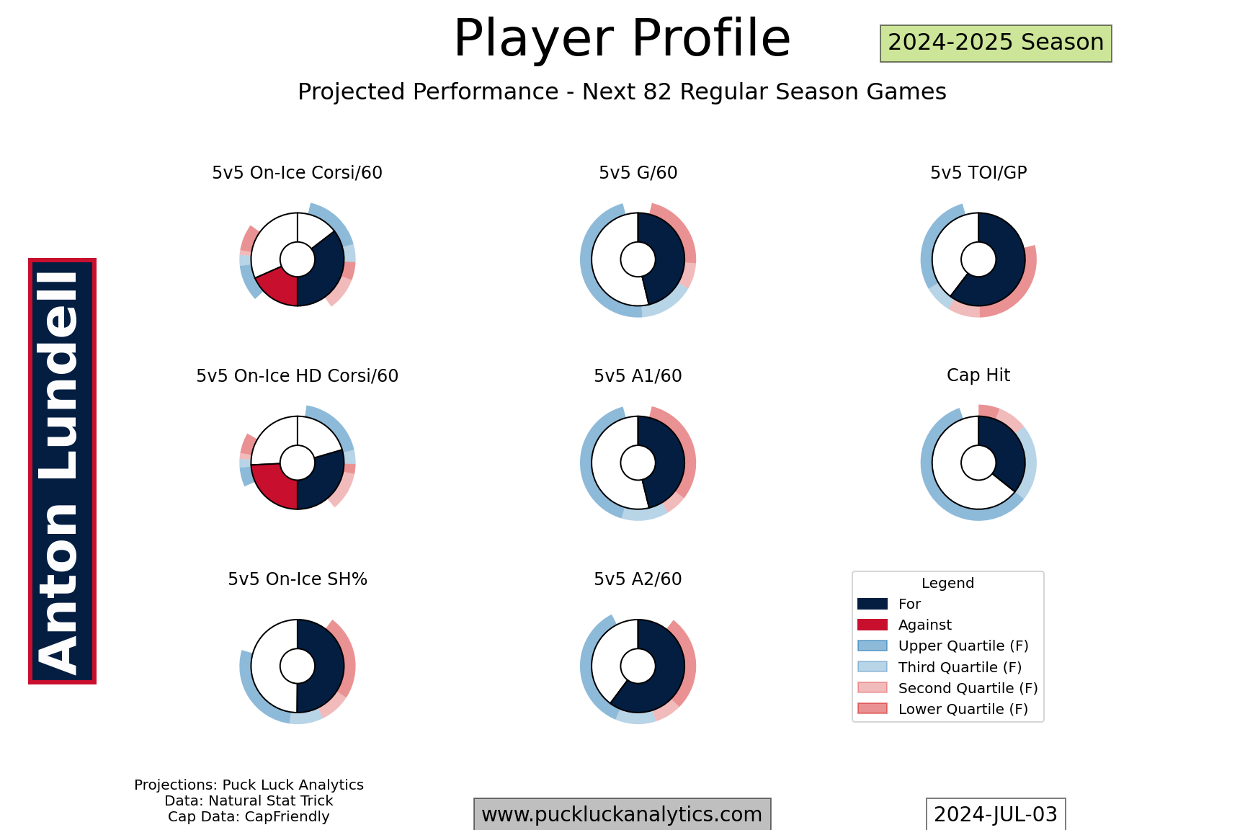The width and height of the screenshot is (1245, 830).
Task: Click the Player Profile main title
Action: pos(622,39)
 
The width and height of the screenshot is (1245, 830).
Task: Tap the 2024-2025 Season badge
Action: pos(996,43)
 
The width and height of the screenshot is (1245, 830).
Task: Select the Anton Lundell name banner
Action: pos(62,471)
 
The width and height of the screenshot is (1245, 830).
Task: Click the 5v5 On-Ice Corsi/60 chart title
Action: pos(297,173)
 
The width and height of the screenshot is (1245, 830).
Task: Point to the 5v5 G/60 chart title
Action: pos(638,173)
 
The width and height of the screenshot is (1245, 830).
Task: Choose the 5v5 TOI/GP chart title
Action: pos(978,173)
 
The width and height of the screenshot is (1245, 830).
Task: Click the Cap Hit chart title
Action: pos(978,375)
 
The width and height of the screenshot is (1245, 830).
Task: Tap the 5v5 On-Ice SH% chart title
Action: pos(297,579)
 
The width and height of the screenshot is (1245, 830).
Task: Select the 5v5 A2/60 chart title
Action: pos(638,579)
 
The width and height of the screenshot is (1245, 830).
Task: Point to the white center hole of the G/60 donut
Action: pos(638,259)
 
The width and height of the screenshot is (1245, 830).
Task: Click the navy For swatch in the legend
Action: pos(873,604)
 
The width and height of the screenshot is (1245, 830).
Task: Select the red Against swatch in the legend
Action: pos(873,625)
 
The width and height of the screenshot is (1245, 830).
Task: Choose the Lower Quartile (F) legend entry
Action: pos(943,709)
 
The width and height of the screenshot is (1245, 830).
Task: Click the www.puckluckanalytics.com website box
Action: pos(622,814)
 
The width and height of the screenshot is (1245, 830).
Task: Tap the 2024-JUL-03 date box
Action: pos(996,814)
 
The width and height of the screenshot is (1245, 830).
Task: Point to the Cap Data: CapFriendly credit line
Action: pos(249,817)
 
